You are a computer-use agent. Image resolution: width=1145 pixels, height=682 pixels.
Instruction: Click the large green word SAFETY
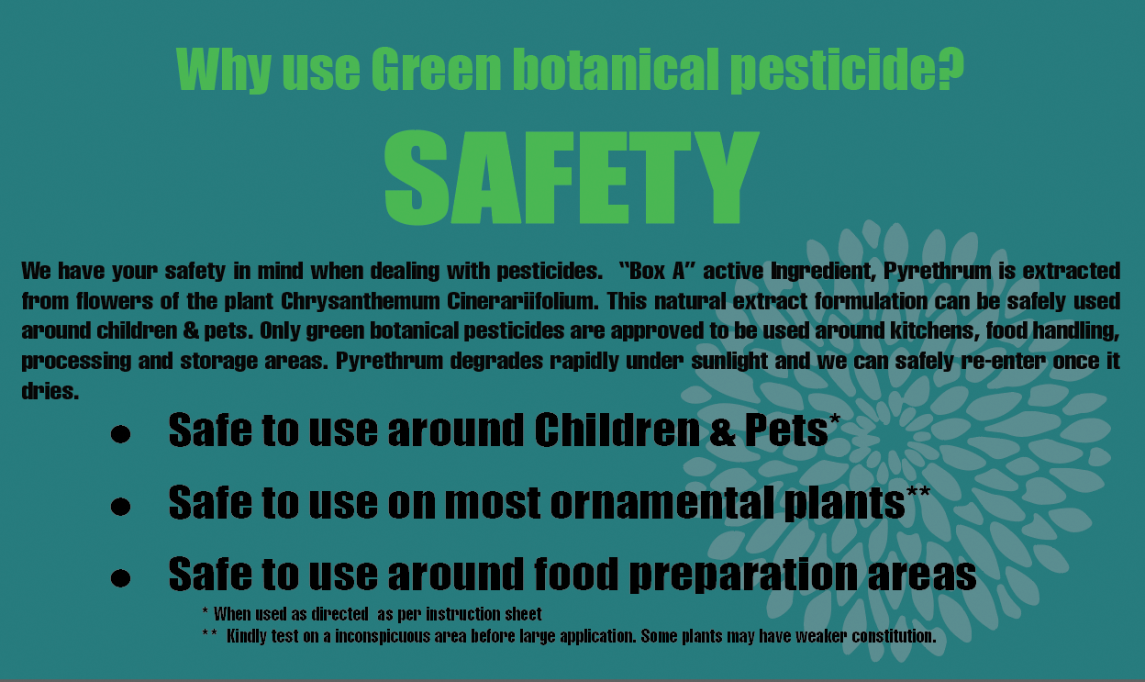[572, 177]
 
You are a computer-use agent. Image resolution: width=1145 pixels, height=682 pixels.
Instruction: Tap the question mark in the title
[950, 69]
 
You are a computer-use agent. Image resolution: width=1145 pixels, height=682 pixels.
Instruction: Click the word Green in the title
[436, 69]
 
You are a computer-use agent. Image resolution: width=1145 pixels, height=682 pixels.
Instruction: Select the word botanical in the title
[616, 69]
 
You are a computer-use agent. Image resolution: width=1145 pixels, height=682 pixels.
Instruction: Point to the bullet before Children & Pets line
[120, 434]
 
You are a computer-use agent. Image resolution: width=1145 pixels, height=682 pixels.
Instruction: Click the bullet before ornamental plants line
[120, 506]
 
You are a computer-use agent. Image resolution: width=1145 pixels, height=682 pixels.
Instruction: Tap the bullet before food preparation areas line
[120, 578]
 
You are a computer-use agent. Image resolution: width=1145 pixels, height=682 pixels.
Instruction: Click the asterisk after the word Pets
[834, 419]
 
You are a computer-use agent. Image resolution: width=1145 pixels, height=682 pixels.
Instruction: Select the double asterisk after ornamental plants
[918, 492]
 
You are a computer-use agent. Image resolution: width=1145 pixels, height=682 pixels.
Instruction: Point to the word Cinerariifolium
[523, 301]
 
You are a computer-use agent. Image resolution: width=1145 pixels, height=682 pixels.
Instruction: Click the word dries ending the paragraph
[50, 391]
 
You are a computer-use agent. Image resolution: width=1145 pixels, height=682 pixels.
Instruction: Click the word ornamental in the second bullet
[661, 503]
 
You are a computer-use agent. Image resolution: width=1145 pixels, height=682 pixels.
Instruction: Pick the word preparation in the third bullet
[743, 575]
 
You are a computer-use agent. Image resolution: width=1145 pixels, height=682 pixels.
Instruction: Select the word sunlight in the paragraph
[728, 361]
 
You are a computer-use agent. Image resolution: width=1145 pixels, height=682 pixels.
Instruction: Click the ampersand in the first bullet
[722, 431]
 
